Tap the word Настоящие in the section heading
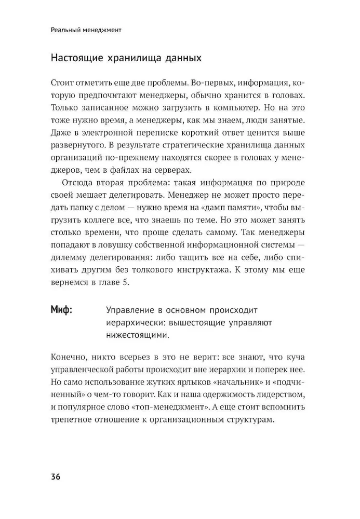click(75, 58)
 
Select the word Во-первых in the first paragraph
click(209, 83)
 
